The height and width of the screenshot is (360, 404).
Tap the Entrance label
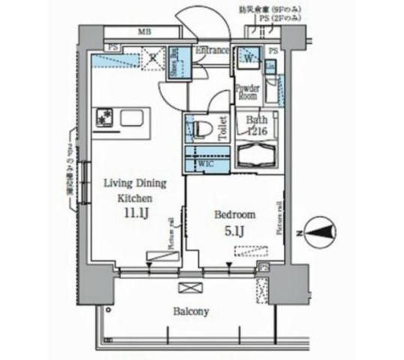point(212,51)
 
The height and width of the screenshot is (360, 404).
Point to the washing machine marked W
point(248,57)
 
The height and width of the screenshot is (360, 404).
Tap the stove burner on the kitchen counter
point(103,118)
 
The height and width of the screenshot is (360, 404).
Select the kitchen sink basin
point(134,118)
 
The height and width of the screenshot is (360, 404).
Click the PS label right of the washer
point(274,51)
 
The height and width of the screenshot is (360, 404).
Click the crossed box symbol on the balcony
point(187,288)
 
